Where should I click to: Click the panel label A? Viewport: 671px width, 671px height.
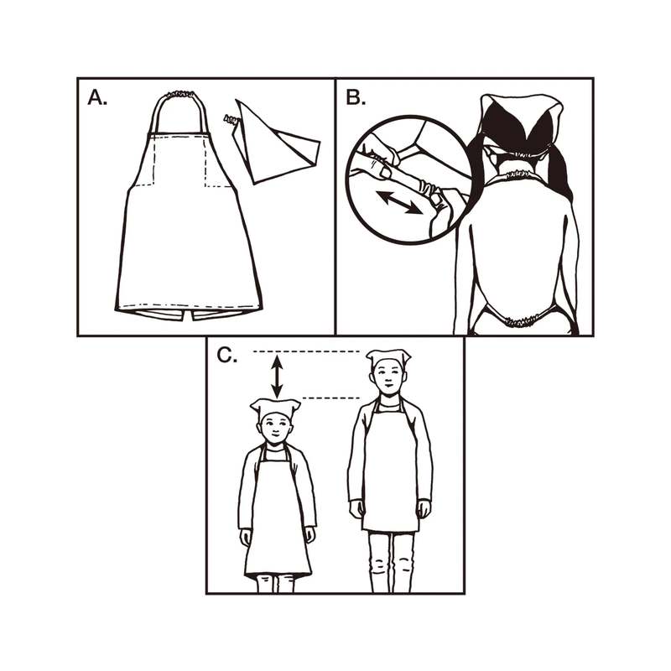(x=98, y=98)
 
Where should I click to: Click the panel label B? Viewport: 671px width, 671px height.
(x=356, y=98)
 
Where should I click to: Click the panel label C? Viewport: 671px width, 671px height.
(x=227, y=356)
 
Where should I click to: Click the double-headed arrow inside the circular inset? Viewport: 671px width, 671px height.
(x=399, y=202)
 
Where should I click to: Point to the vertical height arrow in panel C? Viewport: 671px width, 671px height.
(x=278, y=374)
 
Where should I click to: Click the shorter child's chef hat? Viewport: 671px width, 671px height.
(x=275, y=409)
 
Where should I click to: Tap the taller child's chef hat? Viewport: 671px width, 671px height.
(x=388, y=358)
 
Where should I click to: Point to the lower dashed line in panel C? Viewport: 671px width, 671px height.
(x=331, y=398)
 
